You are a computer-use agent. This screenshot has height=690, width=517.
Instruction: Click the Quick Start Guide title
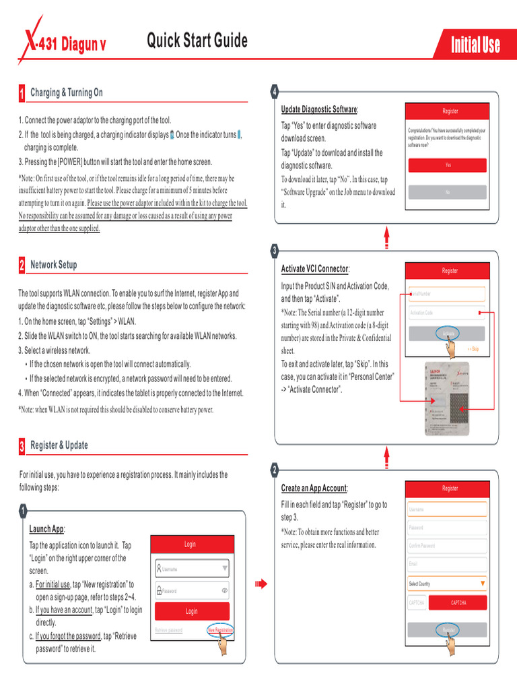(x=197, y=41)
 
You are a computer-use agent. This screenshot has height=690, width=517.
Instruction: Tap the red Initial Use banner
(x=475, y=46)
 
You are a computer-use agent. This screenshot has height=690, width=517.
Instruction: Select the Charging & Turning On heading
(x=66, y=92)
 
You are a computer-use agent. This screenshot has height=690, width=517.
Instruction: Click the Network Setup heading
(x=53, y=265)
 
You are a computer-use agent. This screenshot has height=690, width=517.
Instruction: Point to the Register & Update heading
(x=59, y=445)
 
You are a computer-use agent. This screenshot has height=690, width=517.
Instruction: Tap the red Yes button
(x=448, y=165)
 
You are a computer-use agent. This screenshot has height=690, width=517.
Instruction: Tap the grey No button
(x=448, y=192)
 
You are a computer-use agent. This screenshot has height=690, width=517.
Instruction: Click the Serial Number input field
(x=447, y=294)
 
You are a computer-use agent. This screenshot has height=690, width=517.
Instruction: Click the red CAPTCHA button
(x=458, y=602)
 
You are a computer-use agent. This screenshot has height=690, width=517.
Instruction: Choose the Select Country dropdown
(x=447, y=584)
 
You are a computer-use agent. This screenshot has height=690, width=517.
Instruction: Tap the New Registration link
(x=220, y=630)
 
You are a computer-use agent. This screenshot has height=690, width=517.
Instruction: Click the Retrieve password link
(x=168, y=630)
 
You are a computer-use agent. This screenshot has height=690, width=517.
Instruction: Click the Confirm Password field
(x=447, y=546)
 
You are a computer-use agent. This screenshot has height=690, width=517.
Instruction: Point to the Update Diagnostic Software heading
(x=319, y=109)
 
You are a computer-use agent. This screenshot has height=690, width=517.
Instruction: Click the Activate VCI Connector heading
(x=315, y=269)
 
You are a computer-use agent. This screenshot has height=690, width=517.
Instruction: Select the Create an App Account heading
(x=314, y=488)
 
